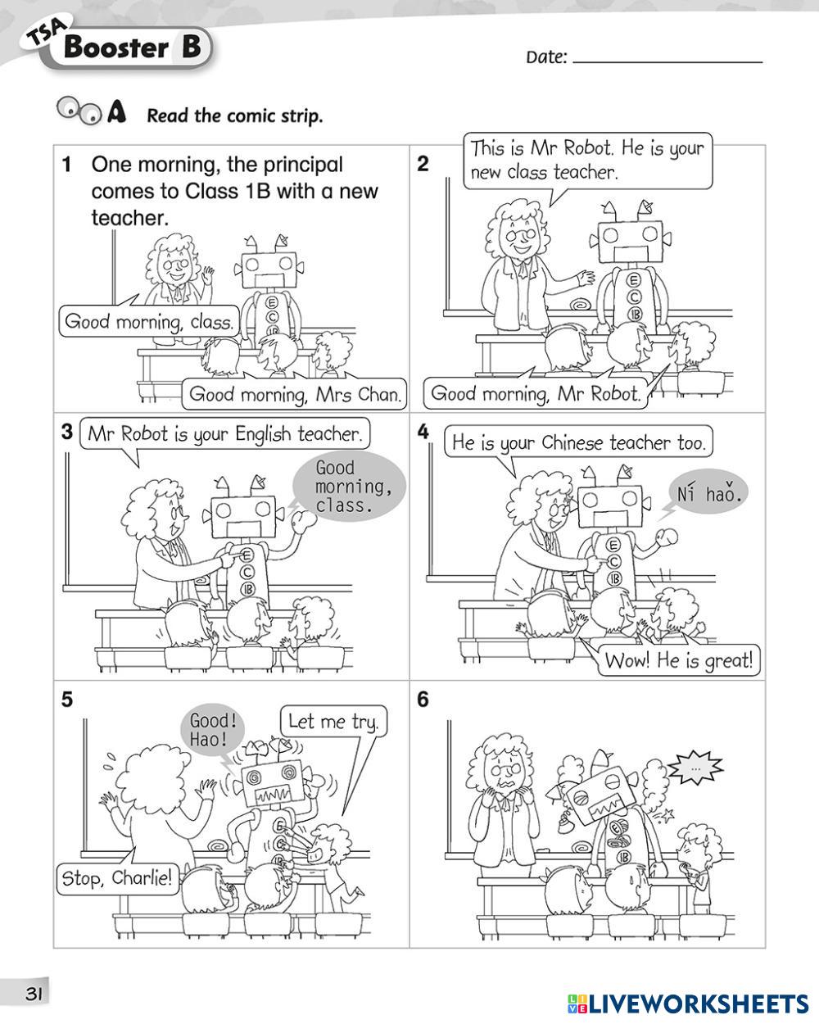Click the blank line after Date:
coord(667,59)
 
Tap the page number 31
coord(34,994)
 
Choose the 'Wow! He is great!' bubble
coord(678,659)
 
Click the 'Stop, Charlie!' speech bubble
coord(117,878)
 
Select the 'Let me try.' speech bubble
coord(333,722)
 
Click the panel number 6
coord(423,700)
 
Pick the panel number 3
coord(67,432)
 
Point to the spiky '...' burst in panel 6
coord(696,769)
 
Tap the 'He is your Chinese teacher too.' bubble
coord(577,443)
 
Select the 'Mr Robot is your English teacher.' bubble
coord(224,433)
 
